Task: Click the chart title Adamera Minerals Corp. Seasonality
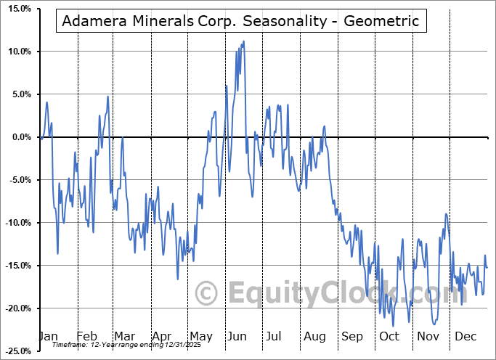240,21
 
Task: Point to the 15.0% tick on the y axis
17,9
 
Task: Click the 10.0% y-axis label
17,52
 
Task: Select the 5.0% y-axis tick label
19,94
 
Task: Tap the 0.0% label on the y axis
19,137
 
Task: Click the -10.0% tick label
15,223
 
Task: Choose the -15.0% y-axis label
15,266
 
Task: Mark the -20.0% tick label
15,308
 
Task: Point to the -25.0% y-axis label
15,351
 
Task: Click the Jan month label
47,337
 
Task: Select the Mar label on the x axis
123,337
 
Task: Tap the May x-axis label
200,337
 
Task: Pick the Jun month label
237,337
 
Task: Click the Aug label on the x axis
314,337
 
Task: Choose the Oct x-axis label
389,337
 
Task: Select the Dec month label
465,337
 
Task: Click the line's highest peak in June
243,41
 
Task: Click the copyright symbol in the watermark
207,294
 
